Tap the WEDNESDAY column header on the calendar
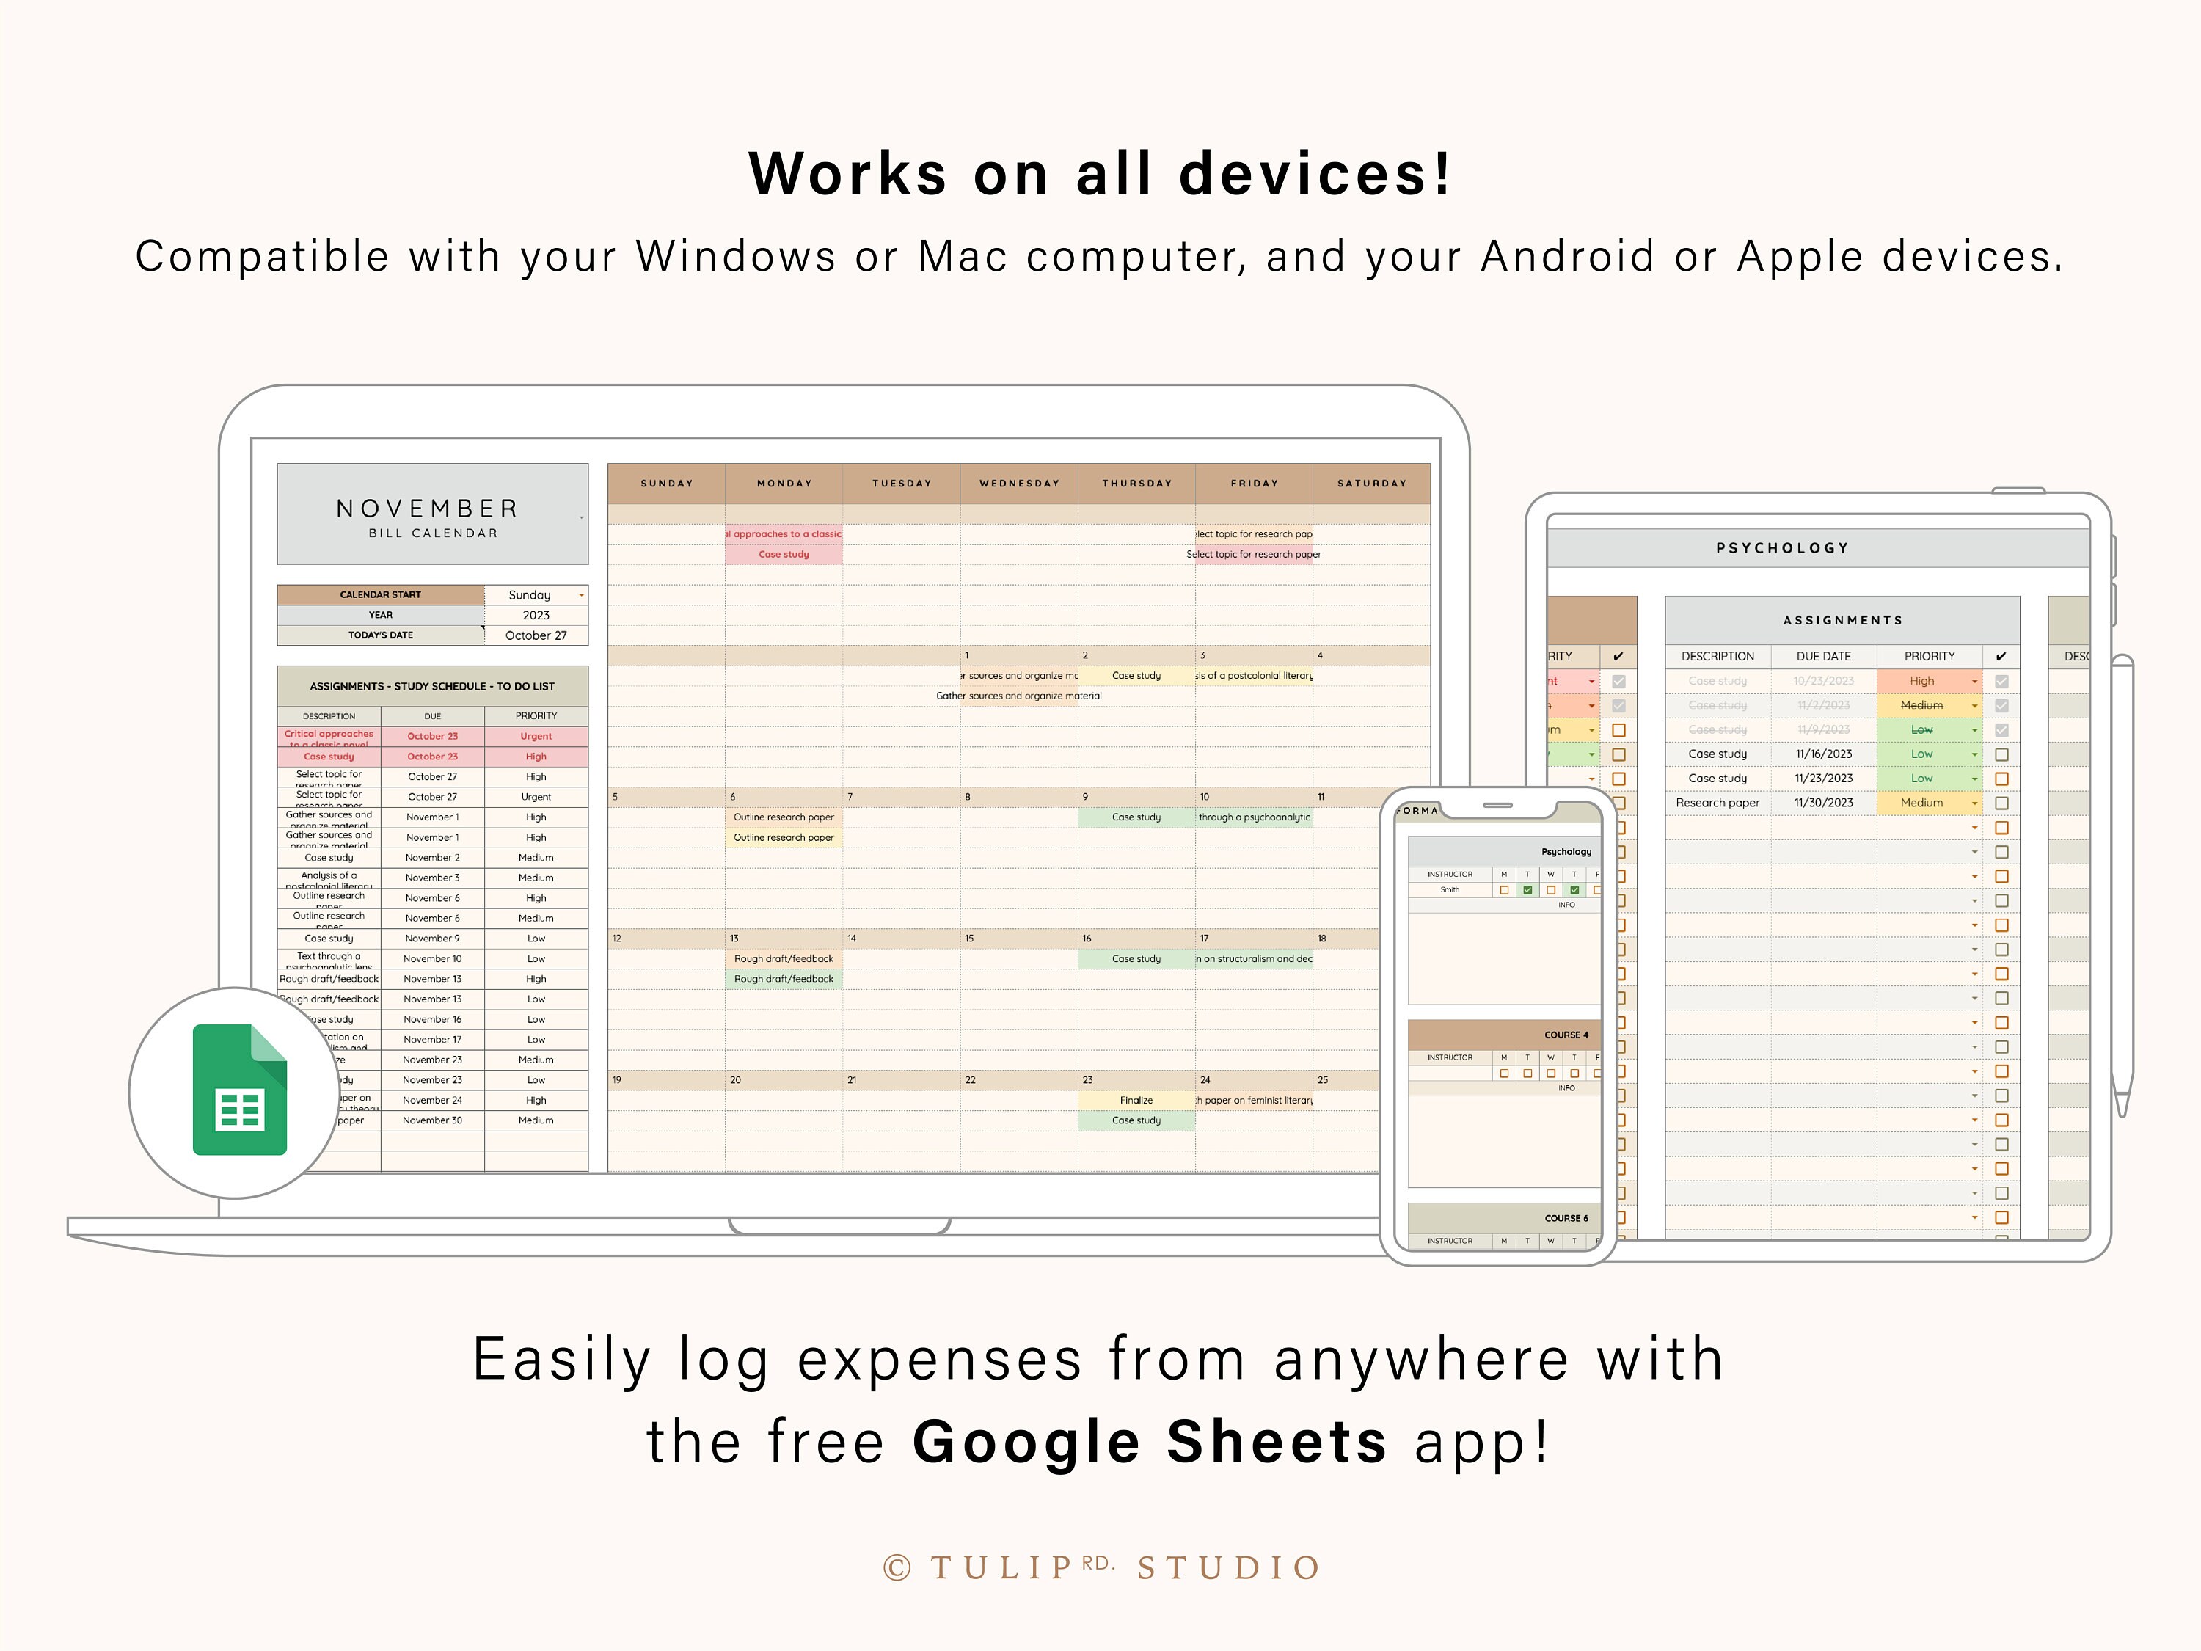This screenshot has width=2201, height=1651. [1019, 484]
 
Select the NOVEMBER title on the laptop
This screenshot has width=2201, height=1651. [428, 509]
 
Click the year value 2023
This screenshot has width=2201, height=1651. [536, 615]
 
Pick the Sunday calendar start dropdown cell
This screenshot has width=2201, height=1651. [536, 595]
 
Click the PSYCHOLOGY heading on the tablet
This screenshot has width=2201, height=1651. [1782, 548]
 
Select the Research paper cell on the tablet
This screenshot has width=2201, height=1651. [1718, 803]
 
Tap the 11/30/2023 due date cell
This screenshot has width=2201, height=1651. [1823, 803]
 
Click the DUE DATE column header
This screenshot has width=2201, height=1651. [1823, 657]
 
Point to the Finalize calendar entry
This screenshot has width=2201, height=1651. [1135, 1101]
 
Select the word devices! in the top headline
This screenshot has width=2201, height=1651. [1315, 174]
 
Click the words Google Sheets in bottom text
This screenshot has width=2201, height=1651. [1149, 1442]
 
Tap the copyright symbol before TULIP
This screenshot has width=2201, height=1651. [897, 1568]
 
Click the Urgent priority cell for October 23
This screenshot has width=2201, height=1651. [536, 737]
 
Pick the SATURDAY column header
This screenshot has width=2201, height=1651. [1371, 484]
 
